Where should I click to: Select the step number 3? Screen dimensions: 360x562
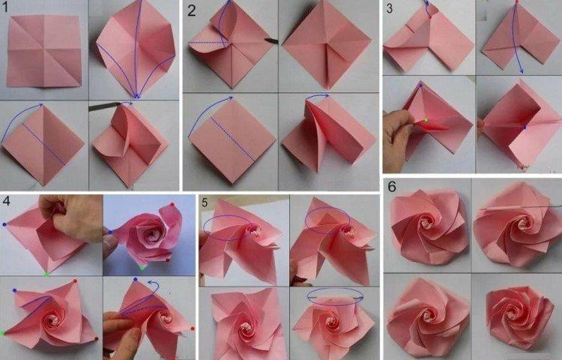(390, 9)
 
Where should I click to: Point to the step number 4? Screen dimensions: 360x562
(7, 200)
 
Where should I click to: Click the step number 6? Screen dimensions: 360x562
(392, 185)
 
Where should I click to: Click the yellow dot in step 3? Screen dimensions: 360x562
(425, 120)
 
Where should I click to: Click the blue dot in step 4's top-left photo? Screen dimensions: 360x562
(4, 224)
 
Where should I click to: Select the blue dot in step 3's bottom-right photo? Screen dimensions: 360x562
(523, 127)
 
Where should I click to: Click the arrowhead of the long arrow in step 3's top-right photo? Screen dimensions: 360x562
(522, 73)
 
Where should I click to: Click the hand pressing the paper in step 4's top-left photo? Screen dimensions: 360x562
(71, 217)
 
